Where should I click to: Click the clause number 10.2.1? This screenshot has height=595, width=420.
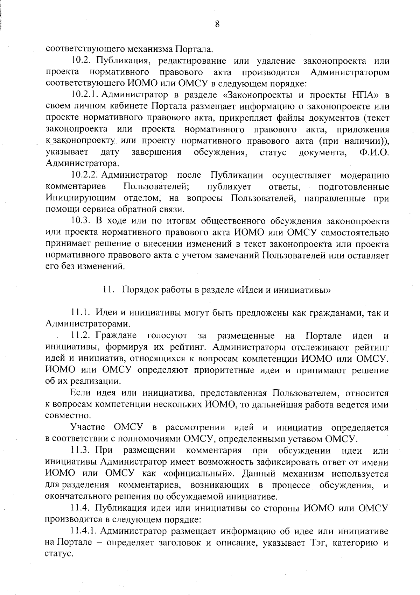(86, 95)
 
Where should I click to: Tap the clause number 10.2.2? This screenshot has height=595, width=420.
(86, 175)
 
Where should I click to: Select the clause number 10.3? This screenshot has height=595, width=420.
(81, 221)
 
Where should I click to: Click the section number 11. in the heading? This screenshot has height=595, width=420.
(107, 290)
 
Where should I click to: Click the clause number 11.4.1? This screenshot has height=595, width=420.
(84, 531)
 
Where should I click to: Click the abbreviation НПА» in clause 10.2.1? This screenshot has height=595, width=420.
(361, 95)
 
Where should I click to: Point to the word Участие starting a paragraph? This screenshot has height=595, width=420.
(88, 428)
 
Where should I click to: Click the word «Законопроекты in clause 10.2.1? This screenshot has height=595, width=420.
(258, 95)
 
